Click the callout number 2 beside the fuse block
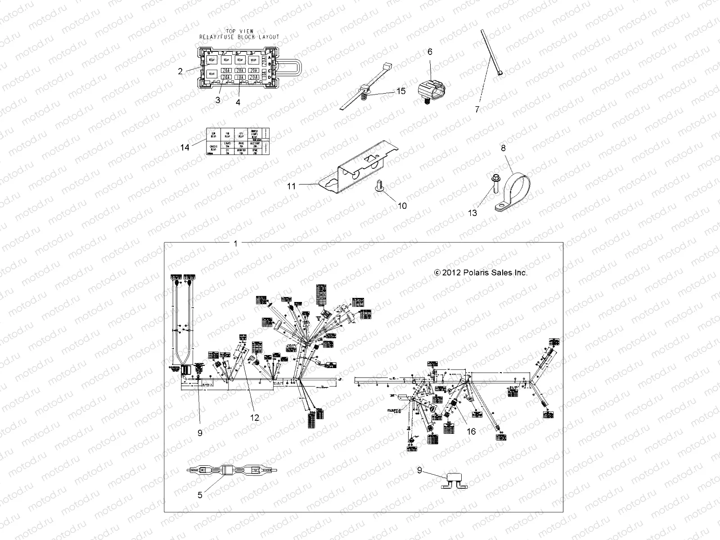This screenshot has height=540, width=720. (x=180, y=71)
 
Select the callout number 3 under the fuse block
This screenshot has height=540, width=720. (x=218, y=100)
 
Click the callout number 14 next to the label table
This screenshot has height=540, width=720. (x=184, y=147)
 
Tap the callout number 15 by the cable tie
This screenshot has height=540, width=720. (x=400, y=91)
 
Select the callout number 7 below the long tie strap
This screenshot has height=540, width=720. (x=477, y=109)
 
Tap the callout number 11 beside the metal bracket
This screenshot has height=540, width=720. (x=292, y=185)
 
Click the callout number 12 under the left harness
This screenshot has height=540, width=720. (x=255, y=417)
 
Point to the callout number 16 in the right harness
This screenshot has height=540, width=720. (x=471, y=431)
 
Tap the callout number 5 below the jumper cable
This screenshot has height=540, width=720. (x=200, y=495)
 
